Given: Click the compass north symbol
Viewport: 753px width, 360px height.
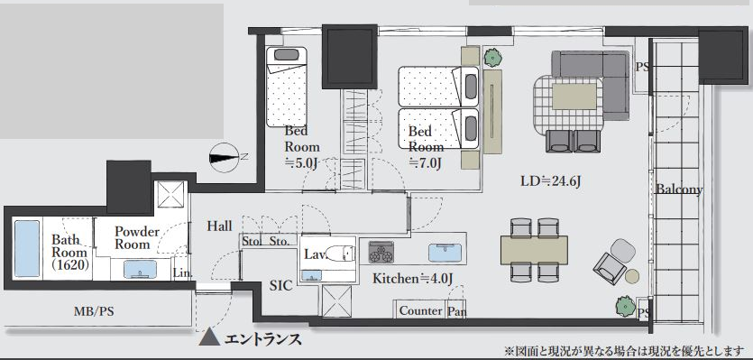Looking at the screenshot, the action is (x=225, y=157).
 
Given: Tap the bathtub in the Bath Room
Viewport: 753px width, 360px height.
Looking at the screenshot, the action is (x=27, y=248).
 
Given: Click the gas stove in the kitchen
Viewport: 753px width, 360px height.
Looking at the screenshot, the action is (x=381, y=253).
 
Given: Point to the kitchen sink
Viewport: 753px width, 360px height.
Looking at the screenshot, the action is (x=445, y=253).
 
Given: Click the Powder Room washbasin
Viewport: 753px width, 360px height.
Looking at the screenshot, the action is (x=140, y=269).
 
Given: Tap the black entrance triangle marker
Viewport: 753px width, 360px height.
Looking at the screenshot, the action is (x=209, y=337).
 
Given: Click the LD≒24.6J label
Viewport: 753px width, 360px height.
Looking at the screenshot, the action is (x=551, y=181).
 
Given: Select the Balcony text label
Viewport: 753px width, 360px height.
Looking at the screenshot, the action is (x=679, y=189).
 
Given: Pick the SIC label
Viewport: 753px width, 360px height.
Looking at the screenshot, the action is (x=281, y=285).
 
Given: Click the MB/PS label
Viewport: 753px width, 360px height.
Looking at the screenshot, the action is (x=94, y=311).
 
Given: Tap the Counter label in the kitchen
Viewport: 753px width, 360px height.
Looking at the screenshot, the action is (x=420, y=310).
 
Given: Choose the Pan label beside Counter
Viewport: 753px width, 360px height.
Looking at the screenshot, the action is (x=456, y=311).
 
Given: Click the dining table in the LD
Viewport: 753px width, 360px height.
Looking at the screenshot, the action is (x=534, y=250).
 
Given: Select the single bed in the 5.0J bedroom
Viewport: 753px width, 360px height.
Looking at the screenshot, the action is (x=287, y=87).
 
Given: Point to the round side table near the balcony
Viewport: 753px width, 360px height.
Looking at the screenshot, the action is (x=632, y=276).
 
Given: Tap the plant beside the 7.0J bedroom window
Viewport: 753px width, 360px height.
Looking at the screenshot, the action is (x=492, y=58).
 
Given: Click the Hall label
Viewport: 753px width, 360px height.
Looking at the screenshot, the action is (x=219, y=226).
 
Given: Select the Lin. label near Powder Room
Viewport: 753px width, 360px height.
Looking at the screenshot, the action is (x=182, y=273).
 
